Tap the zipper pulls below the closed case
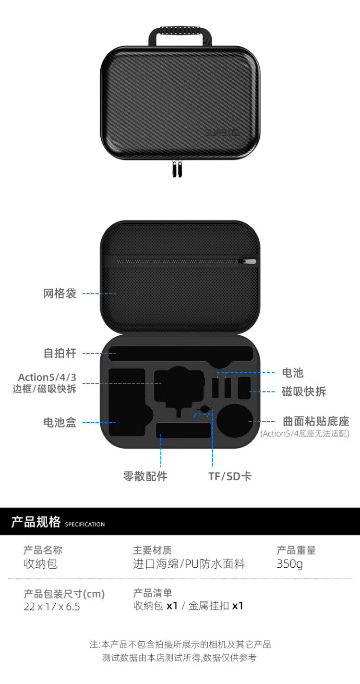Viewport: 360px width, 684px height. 177,170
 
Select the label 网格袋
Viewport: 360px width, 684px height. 60,293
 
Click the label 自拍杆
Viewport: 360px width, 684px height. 60,354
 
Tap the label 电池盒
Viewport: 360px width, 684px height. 60,423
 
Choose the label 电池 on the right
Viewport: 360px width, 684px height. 292,373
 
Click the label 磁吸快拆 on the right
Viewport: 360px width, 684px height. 303,391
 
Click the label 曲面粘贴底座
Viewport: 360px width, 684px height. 316,422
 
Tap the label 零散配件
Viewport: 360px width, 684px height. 145,476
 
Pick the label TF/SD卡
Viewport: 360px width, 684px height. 230,476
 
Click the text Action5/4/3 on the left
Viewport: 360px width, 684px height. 47,377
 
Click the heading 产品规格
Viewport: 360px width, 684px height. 36,522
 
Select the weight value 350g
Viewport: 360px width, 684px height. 290,564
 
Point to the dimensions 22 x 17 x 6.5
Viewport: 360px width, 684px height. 52,607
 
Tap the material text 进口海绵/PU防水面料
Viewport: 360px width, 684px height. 189,564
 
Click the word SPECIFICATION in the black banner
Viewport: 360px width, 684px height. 85,525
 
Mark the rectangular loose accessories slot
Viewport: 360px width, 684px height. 183,430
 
